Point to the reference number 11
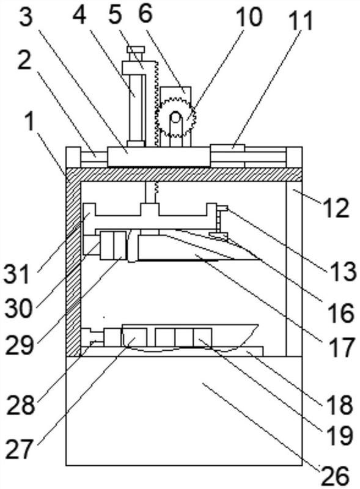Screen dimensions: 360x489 [x=301, y=21]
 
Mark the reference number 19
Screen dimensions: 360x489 [x=340, y=435]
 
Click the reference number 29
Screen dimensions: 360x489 [x=20, y=345]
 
